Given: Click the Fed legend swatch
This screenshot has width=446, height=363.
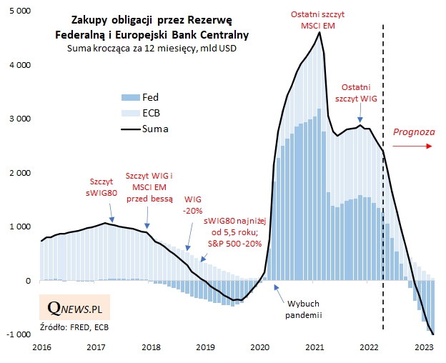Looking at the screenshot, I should click(129, 96).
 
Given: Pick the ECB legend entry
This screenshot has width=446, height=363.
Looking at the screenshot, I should click(151, 113).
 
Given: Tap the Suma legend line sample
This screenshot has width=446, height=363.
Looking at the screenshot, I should click(129, 129).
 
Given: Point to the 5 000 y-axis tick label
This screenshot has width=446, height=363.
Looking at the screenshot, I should click(19, 11).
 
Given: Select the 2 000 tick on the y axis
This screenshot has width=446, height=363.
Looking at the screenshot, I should click(19, 173).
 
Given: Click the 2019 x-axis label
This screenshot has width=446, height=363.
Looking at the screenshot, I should click(206, 347).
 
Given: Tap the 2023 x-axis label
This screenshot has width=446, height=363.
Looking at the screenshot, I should click(425, 347).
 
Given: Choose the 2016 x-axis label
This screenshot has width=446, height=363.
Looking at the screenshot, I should click(41, 347).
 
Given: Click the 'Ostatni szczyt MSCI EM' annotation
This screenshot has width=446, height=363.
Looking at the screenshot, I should click(314, 19).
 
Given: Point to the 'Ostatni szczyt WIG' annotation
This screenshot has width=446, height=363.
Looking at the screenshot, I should click(361, 93).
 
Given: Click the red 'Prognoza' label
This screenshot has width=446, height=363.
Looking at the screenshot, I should click(413, 132).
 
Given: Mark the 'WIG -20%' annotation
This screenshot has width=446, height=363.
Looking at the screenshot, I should click(193, 205).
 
